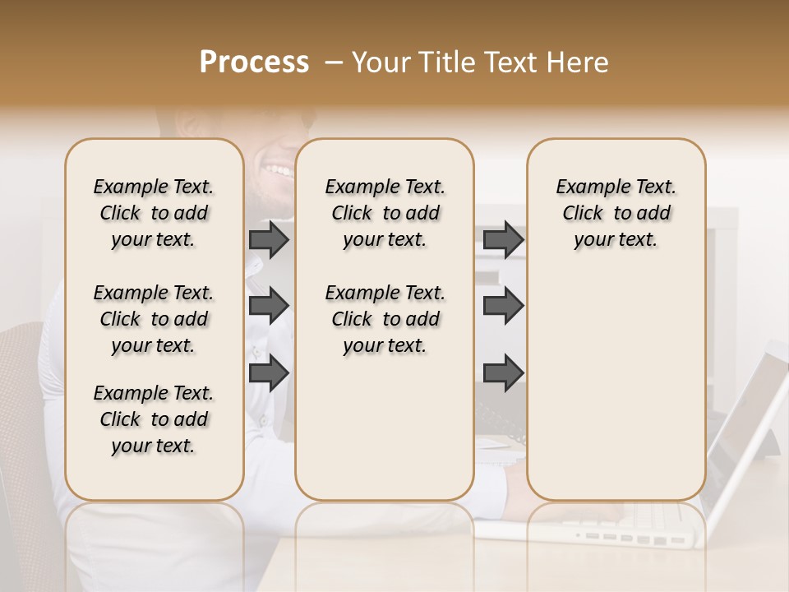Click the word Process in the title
point(254,62)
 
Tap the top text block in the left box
point(154,213)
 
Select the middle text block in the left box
point(154,319)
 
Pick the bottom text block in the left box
point(154,419)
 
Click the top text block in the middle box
point(385,213)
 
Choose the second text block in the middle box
point(385,319)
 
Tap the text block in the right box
point(616,213)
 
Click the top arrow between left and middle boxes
point(269,240)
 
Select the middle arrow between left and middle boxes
point(269,305)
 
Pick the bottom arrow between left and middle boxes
point(269,373)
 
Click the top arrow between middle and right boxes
point(503,240)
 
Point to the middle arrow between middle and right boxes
point(503,305)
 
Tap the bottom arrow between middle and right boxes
point(503,373)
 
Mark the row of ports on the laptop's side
point(629,539)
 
